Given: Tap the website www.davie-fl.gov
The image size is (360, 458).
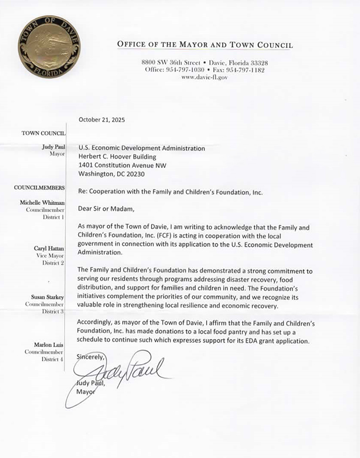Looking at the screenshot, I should tap(204, 78).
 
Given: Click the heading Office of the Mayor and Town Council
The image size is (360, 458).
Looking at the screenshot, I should tap(204, 45).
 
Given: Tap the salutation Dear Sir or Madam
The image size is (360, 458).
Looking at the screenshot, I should tap(107, 209).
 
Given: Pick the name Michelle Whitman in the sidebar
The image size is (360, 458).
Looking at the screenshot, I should tap(42, 203).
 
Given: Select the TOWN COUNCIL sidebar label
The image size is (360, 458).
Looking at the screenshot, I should tap(43, 133).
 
